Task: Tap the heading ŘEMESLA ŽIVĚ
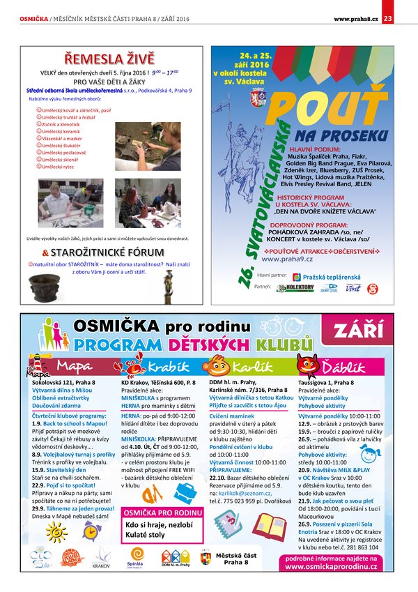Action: pyautogui.click(x=109, y=58)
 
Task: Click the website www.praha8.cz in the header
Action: pyautogui.click(x=355, y=17)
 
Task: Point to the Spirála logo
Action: pyautogui.click(x=135, y=558)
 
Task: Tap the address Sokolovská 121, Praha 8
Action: pyautogui.click(x=63, y=383)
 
